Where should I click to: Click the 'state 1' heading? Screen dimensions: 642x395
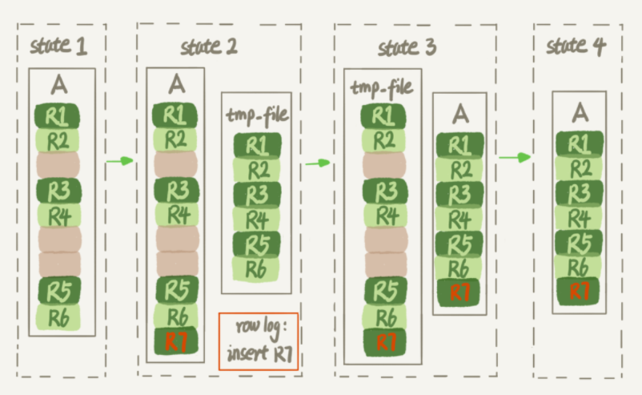click(x=58, y=46)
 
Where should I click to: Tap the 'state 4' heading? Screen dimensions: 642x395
click(x=576, y=46)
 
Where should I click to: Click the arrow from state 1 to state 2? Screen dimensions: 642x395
click(x=120, y=161)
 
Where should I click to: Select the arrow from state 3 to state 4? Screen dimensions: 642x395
click(x=515, y=157)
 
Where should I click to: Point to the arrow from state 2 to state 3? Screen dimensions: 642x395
click(x=318, y=163)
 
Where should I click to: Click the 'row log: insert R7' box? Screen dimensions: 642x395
click(x=259, y=342)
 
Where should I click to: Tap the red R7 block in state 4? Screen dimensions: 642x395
click(x=578, y=291)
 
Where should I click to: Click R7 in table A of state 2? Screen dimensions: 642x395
click(x=176, y=341)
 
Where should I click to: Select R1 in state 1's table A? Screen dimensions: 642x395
click(x=58, y=116)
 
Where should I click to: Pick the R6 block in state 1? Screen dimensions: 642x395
click(x=58, y=317)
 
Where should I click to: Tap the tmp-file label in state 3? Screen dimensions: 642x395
click(x=382, y=87)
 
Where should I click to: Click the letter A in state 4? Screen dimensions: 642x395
click(x=580, y=112)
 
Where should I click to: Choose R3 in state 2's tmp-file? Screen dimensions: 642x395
click(x=257, y=194)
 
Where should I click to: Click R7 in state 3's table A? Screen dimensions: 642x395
click(x=459, y=292)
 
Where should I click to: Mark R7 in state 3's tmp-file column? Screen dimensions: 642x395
click(x=384, y=342)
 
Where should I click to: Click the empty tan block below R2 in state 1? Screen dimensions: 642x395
click(x=58, y=165)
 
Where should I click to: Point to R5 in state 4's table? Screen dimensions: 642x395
click(x=579, y=242)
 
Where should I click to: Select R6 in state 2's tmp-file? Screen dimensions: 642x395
click(x=256, y=268)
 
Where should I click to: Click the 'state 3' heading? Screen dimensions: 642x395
click(x=407, y=47)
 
